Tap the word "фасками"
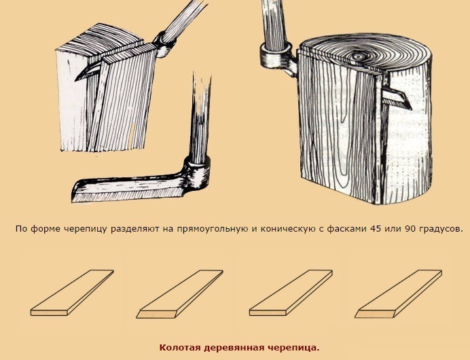(347, 230)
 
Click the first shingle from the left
(72, 293)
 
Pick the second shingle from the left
(179, 294)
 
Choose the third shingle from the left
(291, 293)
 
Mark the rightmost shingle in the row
(399, 293)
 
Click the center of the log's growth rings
(358, 56)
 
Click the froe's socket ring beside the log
(276, 56)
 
